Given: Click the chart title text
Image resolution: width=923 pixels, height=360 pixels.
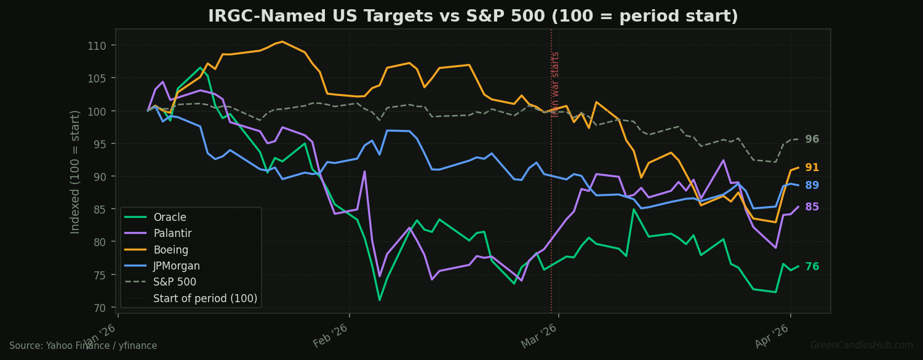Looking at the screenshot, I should (x=473, y=17).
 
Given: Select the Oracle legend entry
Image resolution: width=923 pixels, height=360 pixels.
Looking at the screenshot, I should (x=169, y=217).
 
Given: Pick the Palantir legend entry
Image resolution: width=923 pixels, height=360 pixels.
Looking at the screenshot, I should (x=172, y=234).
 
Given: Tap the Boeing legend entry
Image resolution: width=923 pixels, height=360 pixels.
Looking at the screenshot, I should (x=170, y=250).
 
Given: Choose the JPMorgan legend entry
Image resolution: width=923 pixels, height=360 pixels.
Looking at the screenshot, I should (x=176, y=266).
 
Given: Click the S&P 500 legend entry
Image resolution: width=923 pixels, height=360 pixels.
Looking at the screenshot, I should (x=174, y=282).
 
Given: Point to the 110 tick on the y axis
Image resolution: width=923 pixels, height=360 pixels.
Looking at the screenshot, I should (x=97, y=46).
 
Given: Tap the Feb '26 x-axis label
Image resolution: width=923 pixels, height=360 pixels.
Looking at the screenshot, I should (x=331, y=335).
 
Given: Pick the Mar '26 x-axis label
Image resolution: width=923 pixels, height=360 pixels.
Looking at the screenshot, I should (x=540, y=335).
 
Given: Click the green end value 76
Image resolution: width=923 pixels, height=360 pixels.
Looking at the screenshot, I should (x=812, y=267).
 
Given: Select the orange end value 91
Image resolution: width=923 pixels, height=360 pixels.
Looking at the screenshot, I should (x=812, y=167).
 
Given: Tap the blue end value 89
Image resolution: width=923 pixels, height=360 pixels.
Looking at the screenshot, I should (x=812, y=185).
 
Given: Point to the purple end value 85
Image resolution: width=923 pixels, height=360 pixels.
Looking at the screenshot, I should (x=812, y=207).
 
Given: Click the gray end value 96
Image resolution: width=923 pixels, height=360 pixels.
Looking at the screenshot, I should (x=812, y=140).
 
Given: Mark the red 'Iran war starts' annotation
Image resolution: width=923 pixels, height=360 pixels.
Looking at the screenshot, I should (x=556, y=84).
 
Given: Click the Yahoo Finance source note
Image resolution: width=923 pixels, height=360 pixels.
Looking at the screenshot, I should (x=83, y=346).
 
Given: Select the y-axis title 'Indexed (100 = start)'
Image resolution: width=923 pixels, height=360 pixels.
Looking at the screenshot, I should (x=76, y=172).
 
